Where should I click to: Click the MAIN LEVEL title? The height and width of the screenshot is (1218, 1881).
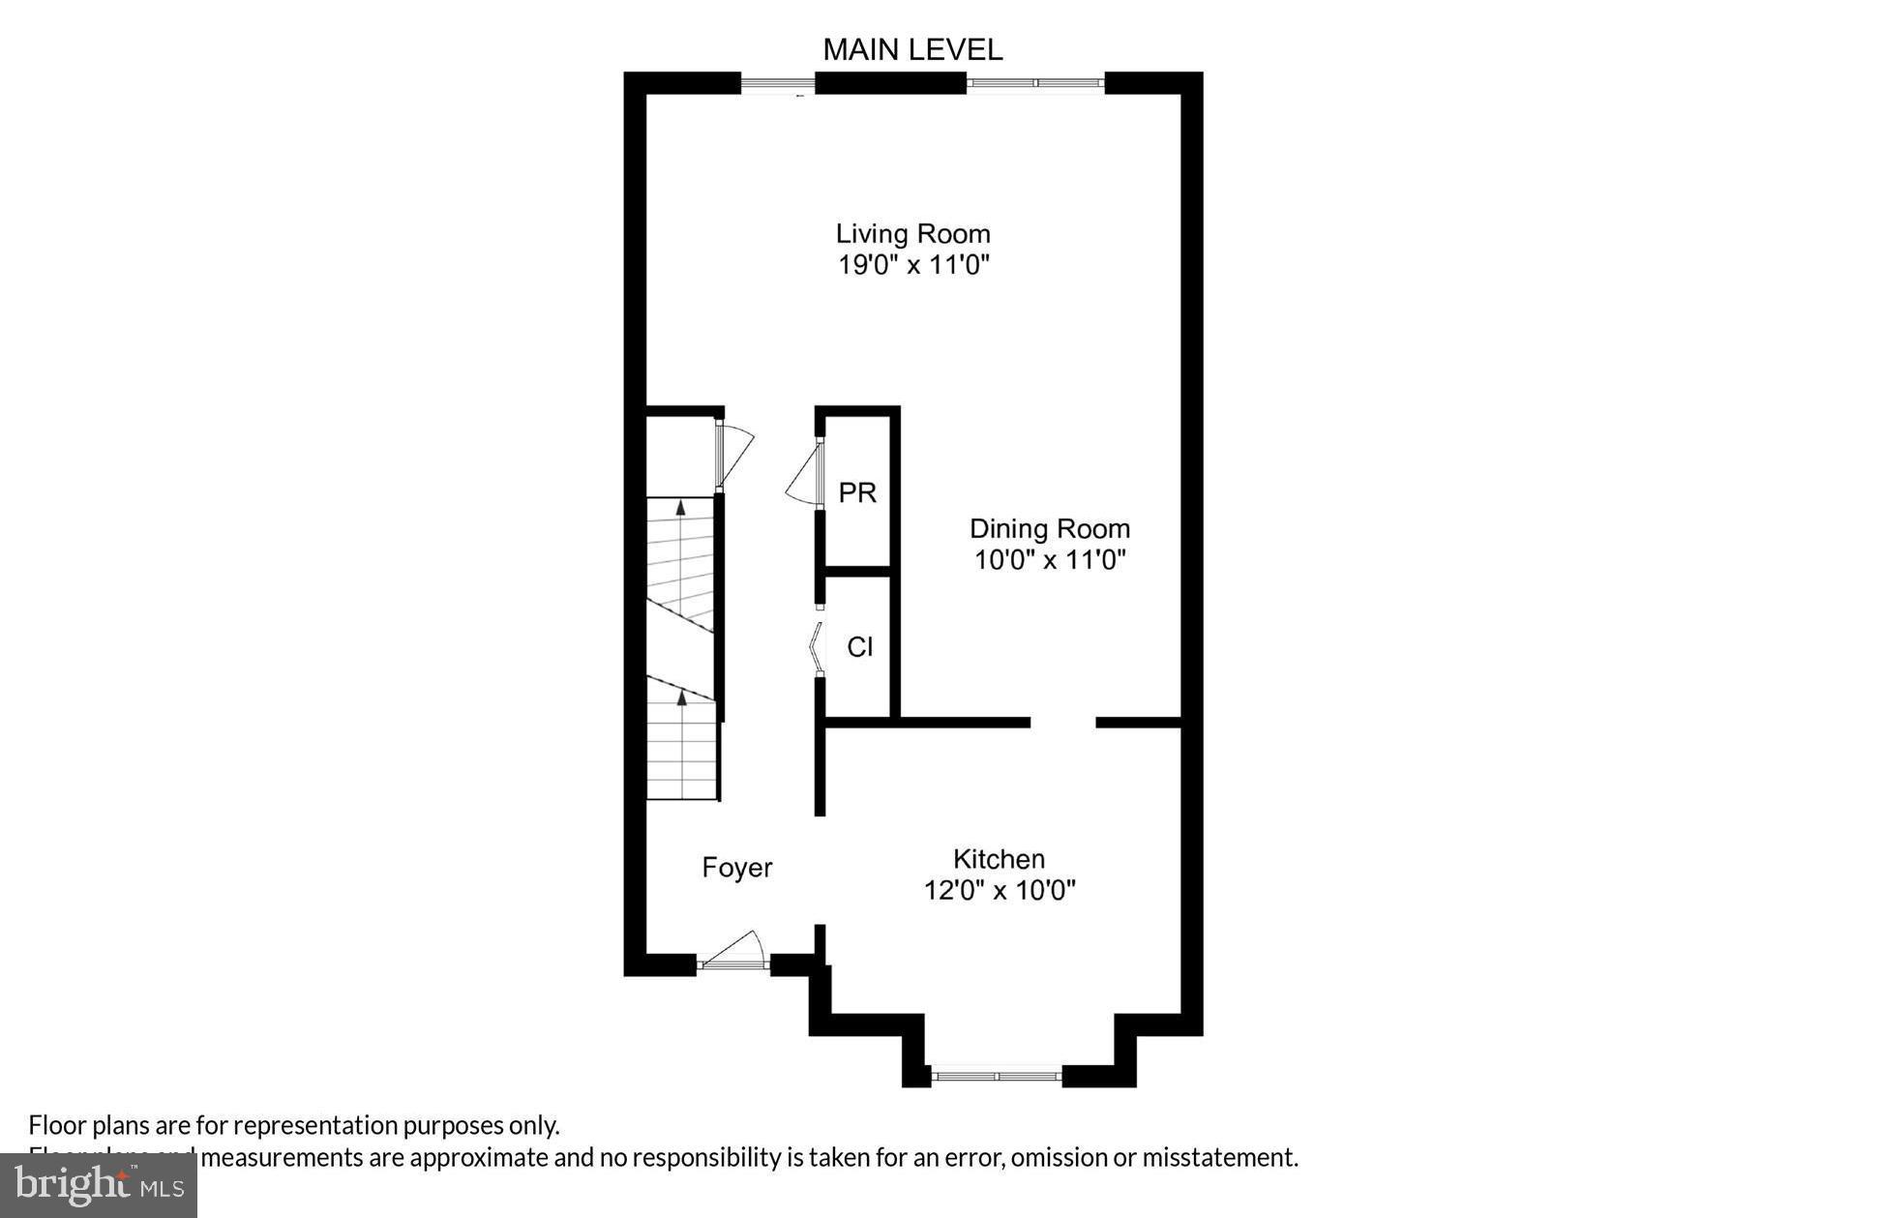[x=911, y=50]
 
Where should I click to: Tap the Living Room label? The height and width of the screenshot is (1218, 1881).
[x=912, y=233]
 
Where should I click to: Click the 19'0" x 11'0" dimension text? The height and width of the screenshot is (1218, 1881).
[x=913, y=264]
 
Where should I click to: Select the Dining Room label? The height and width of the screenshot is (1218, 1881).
[x=1049, y=528]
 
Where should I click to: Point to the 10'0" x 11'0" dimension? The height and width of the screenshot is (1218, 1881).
[x=1049, y=559]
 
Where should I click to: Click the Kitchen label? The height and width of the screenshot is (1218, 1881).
[x=999, y=859]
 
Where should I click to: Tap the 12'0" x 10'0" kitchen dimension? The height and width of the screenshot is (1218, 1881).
[x=999, y=890]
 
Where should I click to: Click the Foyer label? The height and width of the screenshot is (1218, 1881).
[x=736, y=868]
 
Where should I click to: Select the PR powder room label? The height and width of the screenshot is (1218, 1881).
[x=856, y=493]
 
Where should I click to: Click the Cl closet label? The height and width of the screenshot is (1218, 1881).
[x=859, y=647]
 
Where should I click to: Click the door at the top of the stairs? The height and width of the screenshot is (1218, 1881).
[x=733, y=454]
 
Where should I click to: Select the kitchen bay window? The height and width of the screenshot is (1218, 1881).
[x=996, y=1075]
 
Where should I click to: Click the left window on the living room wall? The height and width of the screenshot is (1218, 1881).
[x=777, y=84]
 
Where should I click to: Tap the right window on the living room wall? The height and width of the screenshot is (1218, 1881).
[x=1034, y=84]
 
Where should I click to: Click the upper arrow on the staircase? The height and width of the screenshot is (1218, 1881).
[x=680, y=507]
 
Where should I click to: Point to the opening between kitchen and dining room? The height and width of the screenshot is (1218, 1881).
[x=1062, y=722]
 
